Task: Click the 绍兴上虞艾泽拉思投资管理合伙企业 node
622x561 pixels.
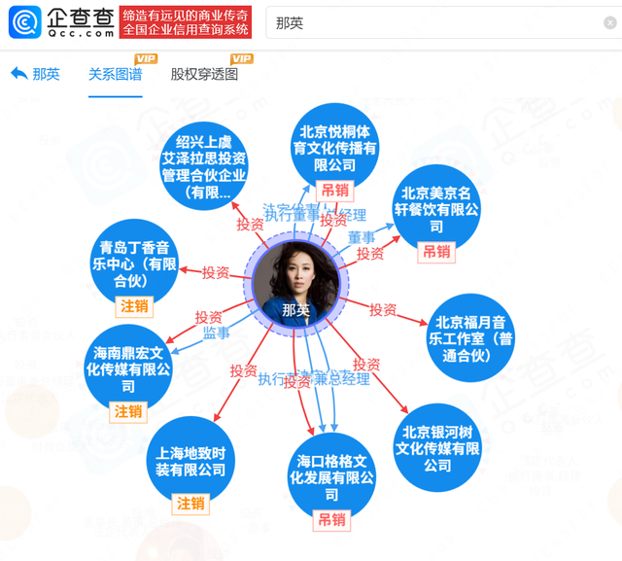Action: pos(204,164)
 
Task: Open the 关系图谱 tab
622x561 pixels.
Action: pos(115,74)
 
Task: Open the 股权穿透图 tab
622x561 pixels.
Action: pos(204,74)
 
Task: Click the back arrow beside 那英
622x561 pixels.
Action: pos(19,74)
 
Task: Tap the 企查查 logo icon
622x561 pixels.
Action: pos(24,21)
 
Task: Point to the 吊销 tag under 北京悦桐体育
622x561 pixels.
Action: pos(335,191)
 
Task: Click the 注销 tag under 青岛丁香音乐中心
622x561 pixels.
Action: pos(134,306)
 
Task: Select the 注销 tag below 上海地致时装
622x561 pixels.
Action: pos(190,504)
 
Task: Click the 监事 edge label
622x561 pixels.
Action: pos(216,333)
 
